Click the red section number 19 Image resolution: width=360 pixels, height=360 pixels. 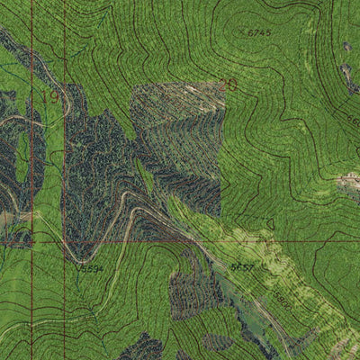coord(48,96)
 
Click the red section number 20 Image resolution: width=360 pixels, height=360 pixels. coord(228,85)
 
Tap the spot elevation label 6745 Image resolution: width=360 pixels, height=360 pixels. coord(259,32)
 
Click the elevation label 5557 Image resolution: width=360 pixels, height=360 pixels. coord(241,267)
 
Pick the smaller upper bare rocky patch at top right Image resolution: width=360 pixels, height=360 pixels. coord(347,46)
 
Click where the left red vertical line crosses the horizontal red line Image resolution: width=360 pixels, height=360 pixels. coord(31,241)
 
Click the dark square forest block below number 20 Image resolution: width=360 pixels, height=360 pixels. coord(177,144)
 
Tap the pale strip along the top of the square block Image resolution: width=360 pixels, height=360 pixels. coord(180,90)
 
